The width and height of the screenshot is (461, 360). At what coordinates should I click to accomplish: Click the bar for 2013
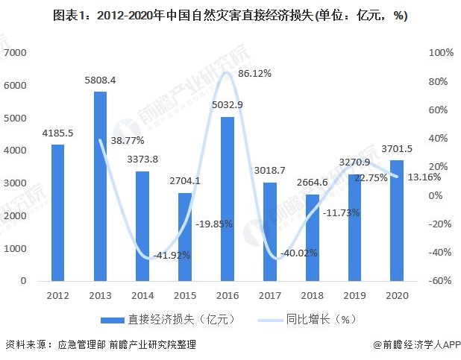click(101, 186)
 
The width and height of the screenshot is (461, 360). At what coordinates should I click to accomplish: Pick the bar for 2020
click(398, 221)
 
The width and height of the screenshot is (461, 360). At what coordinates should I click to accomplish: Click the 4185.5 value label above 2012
click(57, 134)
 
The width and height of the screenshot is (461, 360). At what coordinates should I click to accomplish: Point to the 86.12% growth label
click(254, 73)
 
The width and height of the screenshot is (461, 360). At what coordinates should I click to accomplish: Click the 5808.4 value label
click(101, 80)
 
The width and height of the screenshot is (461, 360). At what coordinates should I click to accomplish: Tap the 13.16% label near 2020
click(423, 177)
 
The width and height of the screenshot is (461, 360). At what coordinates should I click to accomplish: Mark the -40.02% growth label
click(298, 255)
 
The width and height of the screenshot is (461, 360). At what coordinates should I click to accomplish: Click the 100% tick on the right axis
click(441, 53)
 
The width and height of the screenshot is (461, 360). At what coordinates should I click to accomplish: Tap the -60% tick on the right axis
click(441, 281)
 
